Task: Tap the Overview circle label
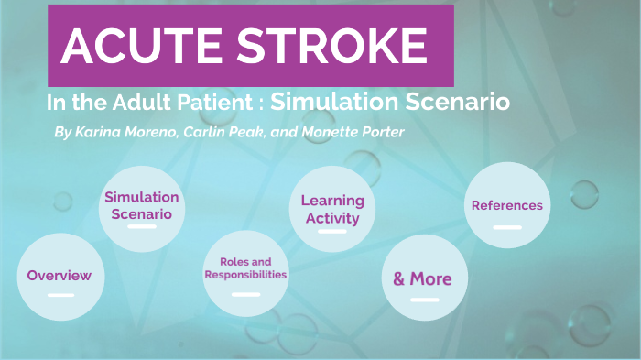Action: click(60, 275)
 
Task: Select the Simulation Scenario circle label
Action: click(142, 205)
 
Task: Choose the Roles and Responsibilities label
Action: click(245, 267)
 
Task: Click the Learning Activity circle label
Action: click(332, 209)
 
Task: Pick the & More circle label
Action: click(423, 278)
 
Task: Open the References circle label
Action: click(506, 205)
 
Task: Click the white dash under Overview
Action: click(60, 295)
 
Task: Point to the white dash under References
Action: click(506, 226)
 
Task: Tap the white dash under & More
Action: click(424, 300)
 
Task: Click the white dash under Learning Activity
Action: click(332, 232)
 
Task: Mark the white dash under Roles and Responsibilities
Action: click(245, 294)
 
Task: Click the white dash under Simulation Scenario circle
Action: click(142, 226)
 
